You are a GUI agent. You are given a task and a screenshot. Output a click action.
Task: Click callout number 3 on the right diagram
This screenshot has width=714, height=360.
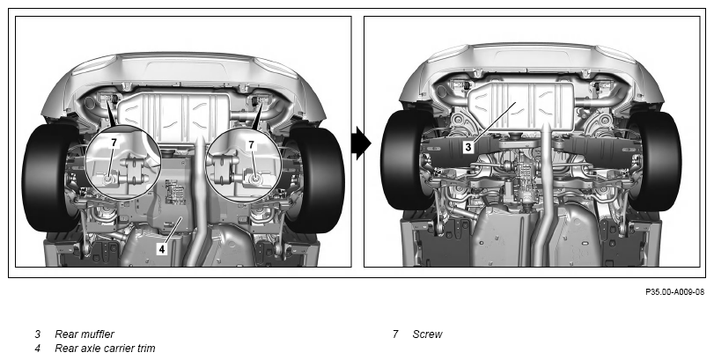coord(468,147)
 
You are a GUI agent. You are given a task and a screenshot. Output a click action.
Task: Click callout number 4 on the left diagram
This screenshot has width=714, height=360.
coord(162,248)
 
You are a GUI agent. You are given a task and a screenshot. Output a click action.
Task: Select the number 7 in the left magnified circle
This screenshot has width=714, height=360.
coord(114,143)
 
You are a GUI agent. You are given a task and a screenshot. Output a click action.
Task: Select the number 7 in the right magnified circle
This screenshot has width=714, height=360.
coord(251,144)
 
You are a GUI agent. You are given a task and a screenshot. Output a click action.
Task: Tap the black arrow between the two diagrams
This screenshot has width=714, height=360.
coord(362,143)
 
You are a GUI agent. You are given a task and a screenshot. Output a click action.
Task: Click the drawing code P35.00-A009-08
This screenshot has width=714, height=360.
coord(674,291)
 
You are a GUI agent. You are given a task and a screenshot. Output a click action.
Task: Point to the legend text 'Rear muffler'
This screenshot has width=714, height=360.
coord(85,334)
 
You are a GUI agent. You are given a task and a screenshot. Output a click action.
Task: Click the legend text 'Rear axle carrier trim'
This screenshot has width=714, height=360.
coord(105,349)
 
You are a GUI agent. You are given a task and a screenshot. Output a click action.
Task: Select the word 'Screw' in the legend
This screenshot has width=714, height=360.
coord(427,334)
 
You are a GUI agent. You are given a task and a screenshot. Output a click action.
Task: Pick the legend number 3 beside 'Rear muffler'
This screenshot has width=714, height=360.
coord(37,334)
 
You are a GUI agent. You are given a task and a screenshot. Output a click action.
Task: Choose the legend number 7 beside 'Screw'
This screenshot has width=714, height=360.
coord(395,334)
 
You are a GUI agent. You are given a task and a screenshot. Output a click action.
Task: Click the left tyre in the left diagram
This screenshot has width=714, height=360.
coord(47,178)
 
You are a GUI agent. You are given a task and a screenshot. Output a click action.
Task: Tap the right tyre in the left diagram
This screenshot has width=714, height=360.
coord(316,179)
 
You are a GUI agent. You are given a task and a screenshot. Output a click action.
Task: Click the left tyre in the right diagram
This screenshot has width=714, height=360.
coord(403,159)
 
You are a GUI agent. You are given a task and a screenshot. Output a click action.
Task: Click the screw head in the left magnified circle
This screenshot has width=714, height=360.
coord(108,179)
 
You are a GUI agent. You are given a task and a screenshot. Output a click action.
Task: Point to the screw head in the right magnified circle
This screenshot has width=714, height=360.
coord(254,179)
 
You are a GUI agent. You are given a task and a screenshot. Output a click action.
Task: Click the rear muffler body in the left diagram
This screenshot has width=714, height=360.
coord(174,114)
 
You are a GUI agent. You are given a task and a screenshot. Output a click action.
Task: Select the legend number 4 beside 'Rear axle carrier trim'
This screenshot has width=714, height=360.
coord(37,349)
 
